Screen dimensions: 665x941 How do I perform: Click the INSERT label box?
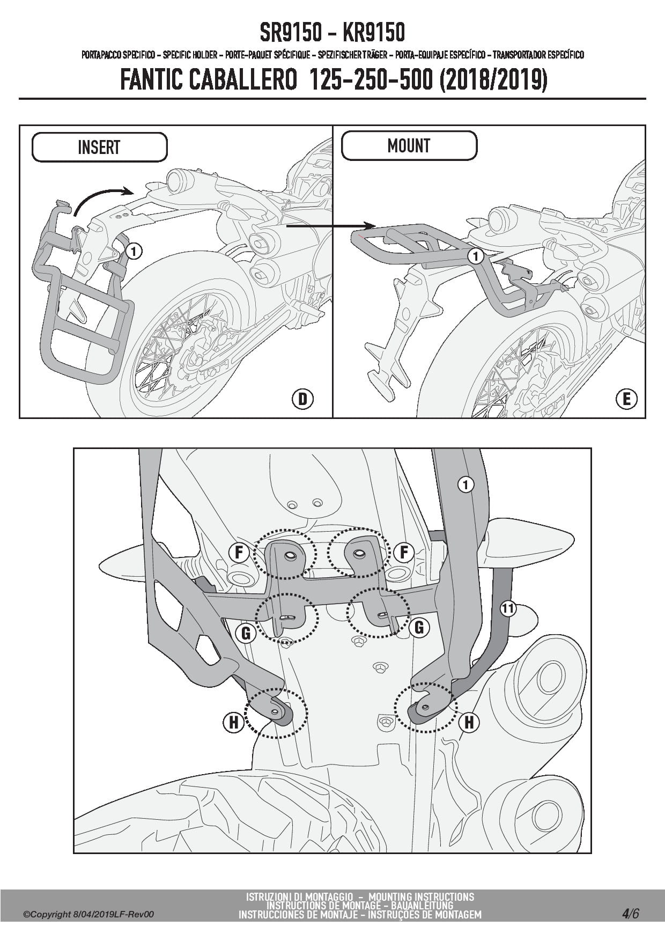(x=99, y=147)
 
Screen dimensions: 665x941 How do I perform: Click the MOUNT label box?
(x=409, y=145)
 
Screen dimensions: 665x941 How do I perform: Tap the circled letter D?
(x=303, y=399)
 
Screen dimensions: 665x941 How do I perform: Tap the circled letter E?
(x=626, y=399)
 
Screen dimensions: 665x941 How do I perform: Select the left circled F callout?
(x=239, y=552)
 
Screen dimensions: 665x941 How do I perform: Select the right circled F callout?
(x=403, y=552)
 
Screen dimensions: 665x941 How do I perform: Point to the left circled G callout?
(x=246, y=634)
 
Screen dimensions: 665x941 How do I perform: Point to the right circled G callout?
(x=419, y=627)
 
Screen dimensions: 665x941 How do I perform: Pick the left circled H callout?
(x=233, y=723)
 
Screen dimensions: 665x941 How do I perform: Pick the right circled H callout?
(x=469, y=723)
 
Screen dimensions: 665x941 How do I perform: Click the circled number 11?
(x=508, y=608)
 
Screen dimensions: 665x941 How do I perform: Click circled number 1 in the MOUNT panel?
(x=475, y=256)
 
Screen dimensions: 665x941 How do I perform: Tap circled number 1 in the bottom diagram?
(x=466, y=485)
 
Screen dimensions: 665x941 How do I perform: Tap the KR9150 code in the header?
(x=372, y=33)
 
